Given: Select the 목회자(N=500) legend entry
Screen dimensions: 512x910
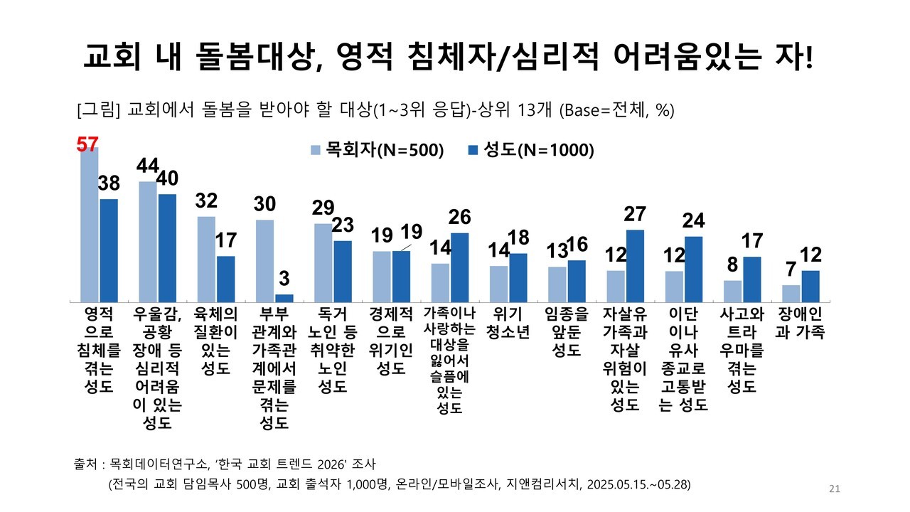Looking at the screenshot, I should tap(378, 150).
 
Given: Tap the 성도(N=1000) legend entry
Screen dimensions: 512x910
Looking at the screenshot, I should tap(530, 150).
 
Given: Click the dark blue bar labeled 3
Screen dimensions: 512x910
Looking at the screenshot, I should tap(284, 297).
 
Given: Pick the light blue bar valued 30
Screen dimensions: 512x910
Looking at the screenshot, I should tap(264, 260).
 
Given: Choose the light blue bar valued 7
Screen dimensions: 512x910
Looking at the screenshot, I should tap(791, 292).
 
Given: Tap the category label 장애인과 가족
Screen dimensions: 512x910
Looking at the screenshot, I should tap(800, 323).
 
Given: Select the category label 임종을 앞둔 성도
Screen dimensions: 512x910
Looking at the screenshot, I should tap(566, 331).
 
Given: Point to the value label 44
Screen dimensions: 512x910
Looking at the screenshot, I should tap(148, 166).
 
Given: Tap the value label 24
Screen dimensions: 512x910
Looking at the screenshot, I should tap(692, 221).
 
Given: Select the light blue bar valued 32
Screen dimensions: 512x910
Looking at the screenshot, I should tap(205, 258).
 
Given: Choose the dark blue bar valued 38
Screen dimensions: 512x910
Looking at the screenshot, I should tap(109, 250).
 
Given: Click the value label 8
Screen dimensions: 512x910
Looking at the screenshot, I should tap(733, 265).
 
